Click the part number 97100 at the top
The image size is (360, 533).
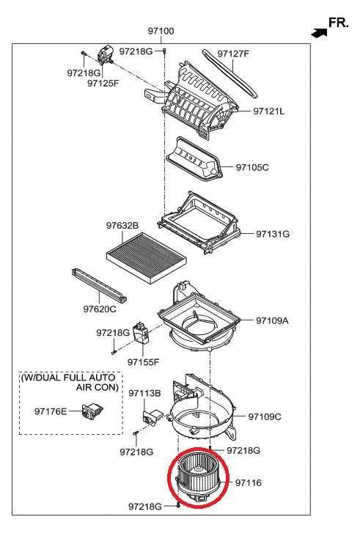tap(161, 31)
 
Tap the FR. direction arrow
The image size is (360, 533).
tap(319, 33)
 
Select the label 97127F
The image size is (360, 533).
tap(233, 54)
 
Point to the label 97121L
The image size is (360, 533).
tap(268, 111)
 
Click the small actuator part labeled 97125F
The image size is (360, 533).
tap(106, 54)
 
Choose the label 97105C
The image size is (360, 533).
tap(252, 167)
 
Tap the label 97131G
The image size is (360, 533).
tap(273, 234)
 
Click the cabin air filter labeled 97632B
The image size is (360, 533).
tap(147, 254)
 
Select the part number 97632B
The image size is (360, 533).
tap(122, 225)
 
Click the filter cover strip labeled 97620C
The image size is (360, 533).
tap(99, 285)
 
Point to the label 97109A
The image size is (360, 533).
tap(272, 320)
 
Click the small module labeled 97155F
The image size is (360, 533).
tap(141, 332)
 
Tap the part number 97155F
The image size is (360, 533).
tap(143, 362)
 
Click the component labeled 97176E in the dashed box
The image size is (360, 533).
tap(92, 411)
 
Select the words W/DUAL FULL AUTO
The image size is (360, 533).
tap(68, 378)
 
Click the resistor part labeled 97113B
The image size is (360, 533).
tap(153, 416)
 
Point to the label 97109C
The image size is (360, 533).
tap(265, 416)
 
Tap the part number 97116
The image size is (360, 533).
tap(249, 482)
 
